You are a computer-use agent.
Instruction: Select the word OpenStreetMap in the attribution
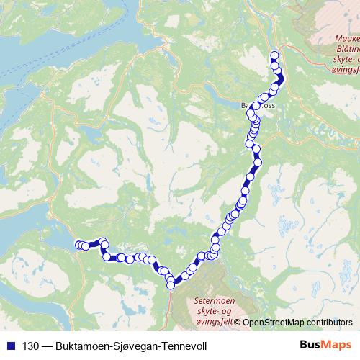(x=275, y=322)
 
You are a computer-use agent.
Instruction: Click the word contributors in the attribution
(x=329, y=322)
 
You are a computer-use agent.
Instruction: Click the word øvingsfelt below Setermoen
(x=214, y=321)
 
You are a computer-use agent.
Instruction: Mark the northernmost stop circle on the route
(x=274, y=55)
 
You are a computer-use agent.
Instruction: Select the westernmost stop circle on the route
(x=79, y=246)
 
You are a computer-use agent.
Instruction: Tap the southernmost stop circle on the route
(x=171, y=285)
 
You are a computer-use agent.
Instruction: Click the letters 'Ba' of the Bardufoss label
(x=246, y=105)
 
